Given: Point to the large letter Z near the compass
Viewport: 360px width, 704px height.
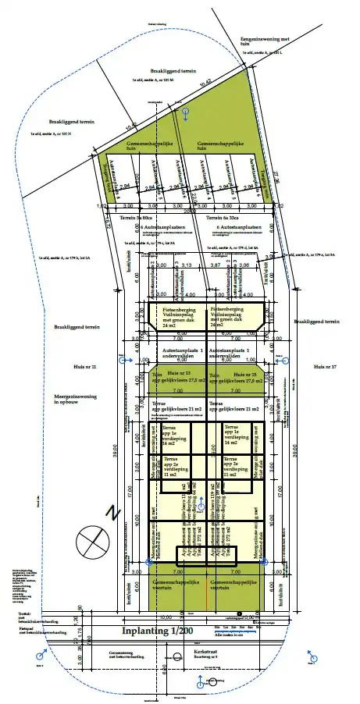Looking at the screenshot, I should click(114, 513).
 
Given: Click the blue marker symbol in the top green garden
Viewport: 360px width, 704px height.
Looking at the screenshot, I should click(185, 114).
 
